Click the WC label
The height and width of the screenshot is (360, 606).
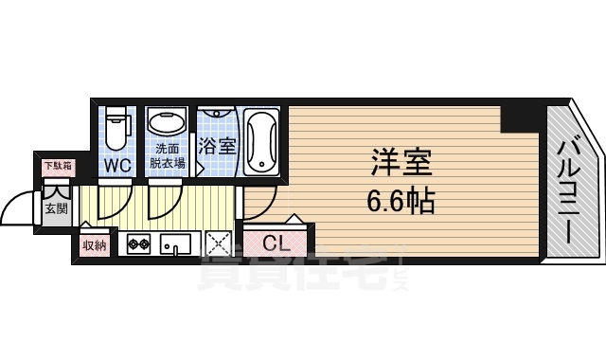tap(117, 163)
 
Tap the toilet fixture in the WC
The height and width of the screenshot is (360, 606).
tap(117, 130)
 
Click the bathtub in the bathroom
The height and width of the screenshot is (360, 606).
tap(259, 142)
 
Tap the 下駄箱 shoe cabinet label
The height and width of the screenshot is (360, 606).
tap(53, 167)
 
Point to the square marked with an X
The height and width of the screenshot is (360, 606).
tap(219, 244)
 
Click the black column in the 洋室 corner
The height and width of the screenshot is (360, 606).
tap(521, 117)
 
